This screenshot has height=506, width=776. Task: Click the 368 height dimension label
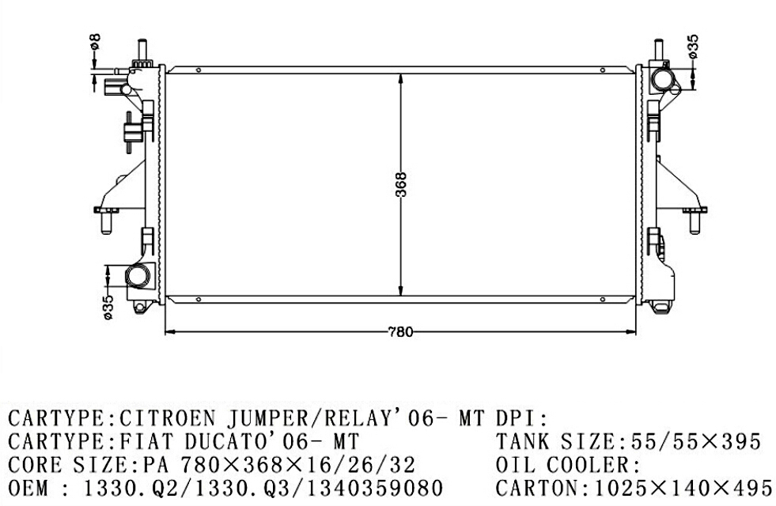(401, 184)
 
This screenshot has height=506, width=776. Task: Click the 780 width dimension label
(400, 332)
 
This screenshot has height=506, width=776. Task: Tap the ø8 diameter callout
(95, 40)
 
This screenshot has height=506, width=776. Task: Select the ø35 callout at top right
(694, 46)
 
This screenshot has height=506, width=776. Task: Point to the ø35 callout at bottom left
(108, 307)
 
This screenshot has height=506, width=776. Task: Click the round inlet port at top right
(661, 80)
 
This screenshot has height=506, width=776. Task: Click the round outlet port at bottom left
(137, 275)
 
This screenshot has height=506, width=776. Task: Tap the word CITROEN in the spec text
(168, 419)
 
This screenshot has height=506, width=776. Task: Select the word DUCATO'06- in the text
(256, 441)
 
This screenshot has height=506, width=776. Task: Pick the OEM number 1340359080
(375, 489)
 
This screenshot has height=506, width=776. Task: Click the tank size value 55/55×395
(696, 441)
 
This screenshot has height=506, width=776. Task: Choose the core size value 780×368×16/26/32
(297, 465)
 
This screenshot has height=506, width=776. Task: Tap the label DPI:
(521, 419)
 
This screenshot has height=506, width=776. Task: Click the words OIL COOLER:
(568, 465)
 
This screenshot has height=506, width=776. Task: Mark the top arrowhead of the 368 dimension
(400, 80)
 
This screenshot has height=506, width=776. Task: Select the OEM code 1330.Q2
(118, 489)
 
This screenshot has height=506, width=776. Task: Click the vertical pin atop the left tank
(142, 51)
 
